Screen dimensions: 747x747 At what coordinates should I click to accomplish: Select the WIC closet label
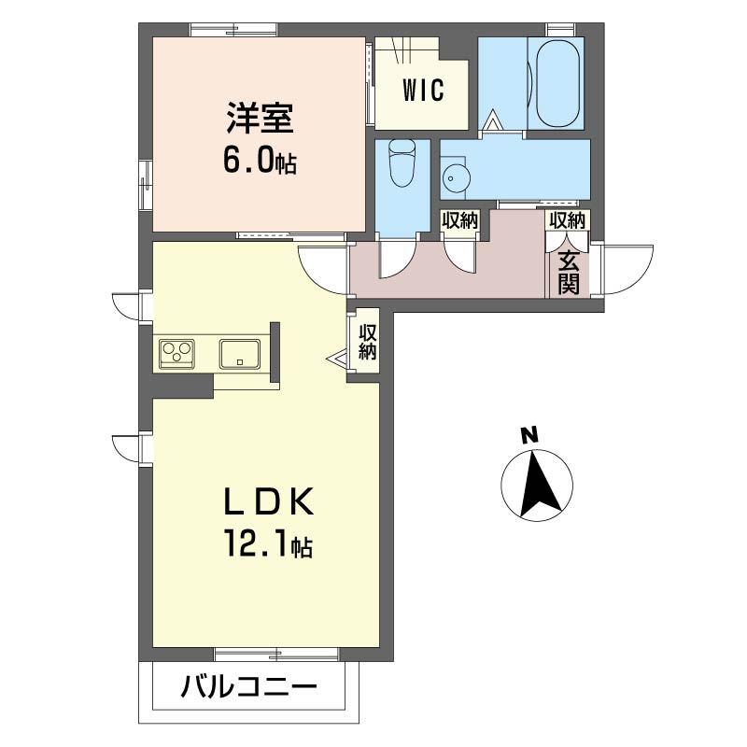click(x=422, y=91)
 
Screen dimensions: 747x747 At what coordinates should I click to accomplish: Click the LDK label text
click(x=266, y=502)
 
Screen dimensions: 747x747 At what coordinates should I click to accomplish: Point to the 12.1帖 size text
click(x=266, y=543)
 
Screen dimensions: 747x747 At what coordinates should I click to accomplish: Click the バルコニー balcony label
click(x=248, y=690)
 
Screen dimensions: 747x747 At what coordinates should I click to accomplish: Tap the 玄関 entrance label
click(x=569, y=272)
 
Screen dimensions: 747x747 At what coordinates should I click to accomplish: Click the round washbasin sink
click(x=455, y=176)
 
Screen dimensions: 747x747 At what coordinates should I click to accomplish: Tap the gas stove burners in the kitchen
click(x=177, y=353)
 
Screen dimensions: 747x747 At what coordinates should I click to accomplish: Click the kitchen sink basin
click(x=240, y=353)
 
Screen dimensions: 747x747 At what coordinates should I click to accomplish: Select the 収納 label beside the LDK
click(x=367, y=343)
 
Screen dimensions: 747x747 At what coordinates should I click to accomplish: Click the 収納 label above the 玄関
click(x=567, y=221)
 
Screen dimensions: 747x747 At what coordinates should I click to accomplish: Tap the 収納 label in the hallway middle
click(x=459, y=221)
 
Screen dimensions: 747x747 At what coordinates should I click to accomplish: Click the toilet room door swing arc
click(x=395, y=260)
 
